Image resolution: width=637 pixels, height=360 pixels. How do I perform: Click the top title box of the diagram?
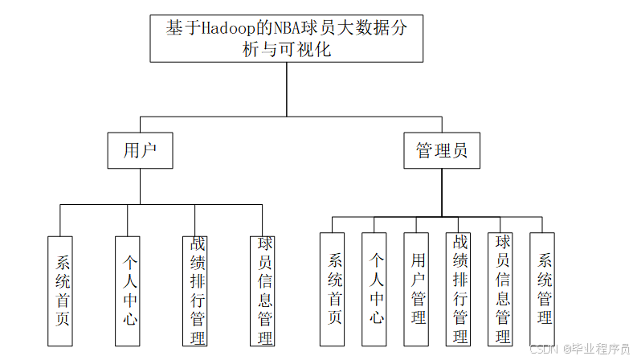[x=286, y=38]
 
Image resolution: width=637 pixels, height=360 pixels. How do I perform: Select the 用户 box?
[x=140, y=150]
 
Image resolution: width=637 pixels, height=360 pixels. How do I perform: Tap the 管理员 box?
[x=441, y=150]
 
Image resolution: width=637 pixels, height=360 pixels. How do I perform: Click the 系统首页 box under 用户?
[x=61, y=290]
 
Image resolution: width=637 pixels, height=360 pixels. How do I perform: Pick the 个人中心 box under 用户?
[x=129, y=290]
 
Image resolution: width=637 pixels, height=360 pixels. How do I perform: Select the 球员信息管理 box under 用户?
[x=263, y=290]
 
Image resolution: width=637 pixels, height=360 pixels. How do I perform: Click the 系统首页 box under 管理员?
[x=332, y=288]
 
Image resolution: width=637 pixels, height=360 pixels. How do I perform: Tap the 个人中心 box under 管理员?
[x=374, y=288]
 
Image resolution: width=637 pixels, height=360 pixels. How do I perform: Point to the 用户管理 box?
[x=417, y=288]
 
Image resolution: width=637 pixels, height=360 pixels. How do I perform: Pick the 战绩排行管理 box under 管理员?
[x=459, y=288]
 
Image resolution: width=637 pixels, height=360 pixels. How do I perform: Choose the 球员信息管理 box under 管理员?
[x=501, y=288]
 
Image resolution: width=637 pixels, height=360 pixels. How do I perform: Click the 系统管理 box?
[x=543, y=288]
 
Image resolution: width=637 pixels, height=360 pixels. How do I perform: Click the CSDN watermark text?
[x=544, y=350]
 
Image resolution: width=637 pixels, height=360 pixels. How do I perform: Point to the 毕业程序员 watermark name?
[x=599, y=350]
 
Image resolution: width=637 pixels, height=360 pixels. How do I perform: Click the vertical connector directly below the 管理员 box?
[x=441, y=191]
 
